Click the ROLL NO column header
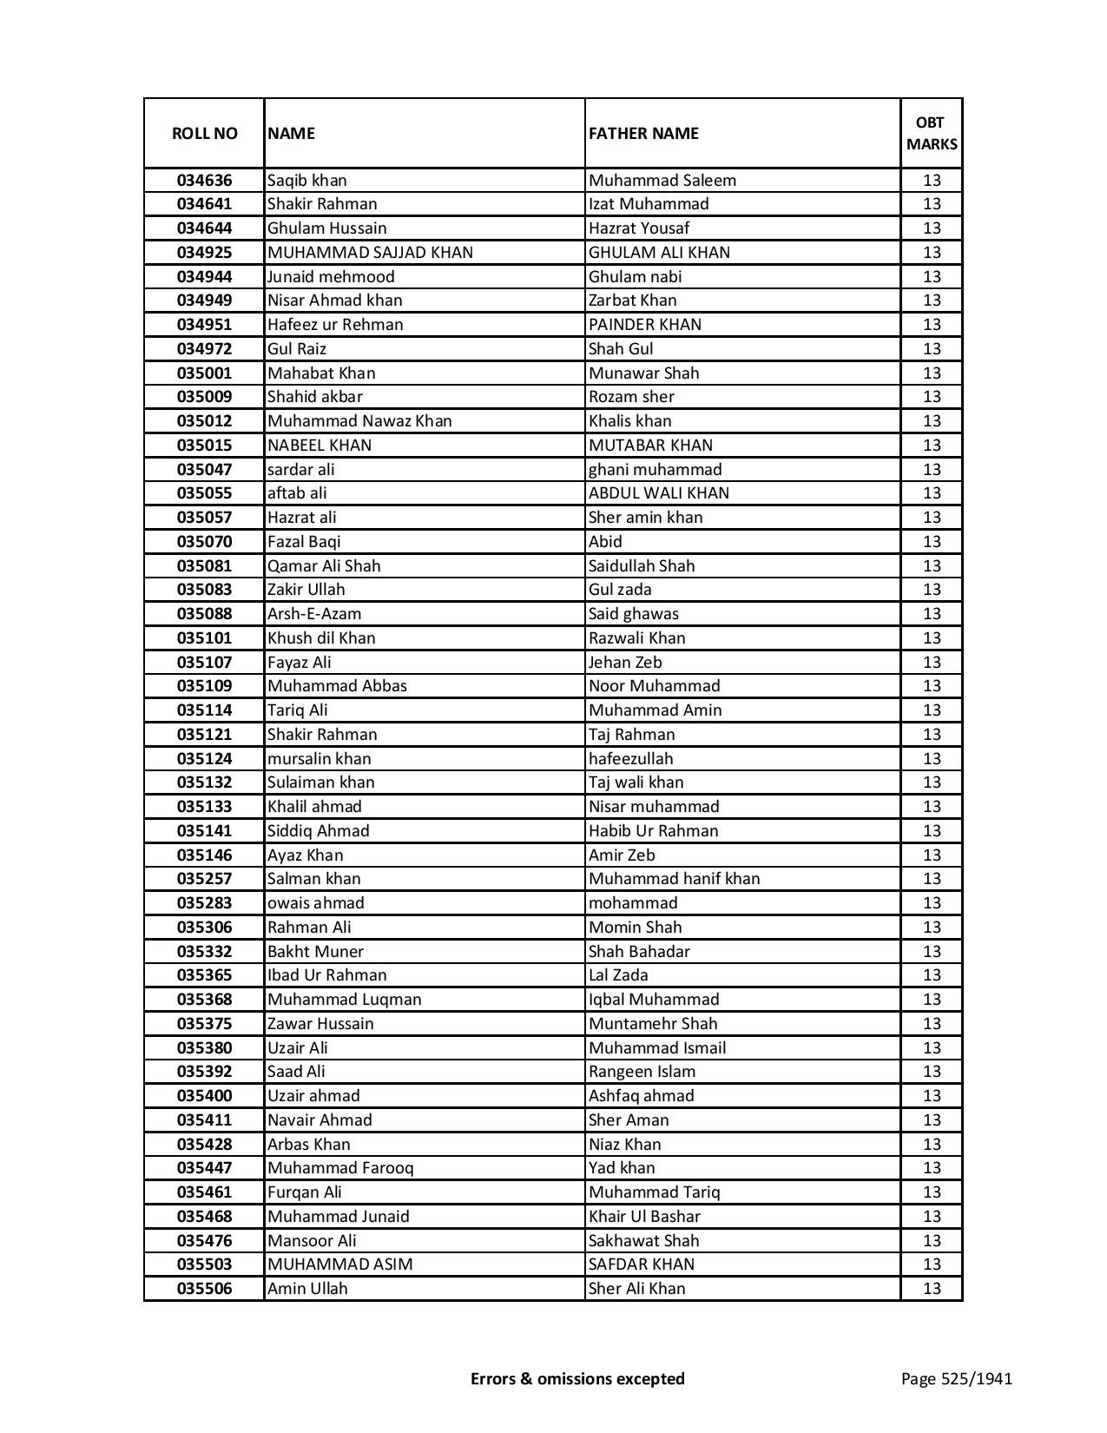pos(204,134)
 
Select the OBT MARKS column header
pos(932,134)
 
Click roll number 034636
pos(204,181)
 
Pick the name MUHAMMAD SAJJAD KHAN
pos(370,253)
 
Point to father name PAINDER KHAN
pos(645,325)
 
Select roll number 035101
pos(204,638)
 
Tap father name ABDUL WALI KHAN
pos(659,493)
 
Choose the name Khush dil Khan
pos(321,638)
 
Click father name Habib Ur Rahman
pos(654,831)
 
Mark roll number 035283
pos(204,903)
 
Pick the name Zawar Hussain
pos(320,1024)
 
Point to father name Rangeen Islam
pos(642,1072)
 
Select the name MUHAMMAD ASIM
pos(340,1265)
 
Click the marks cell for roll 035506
pos(932,1289)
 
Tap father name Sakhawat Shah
pos(643,1241)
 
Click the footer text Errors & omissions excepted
pos(577,1378)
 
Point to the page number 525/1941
pos(957,1378)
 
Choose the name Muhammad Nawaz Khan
pos(359,421)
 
